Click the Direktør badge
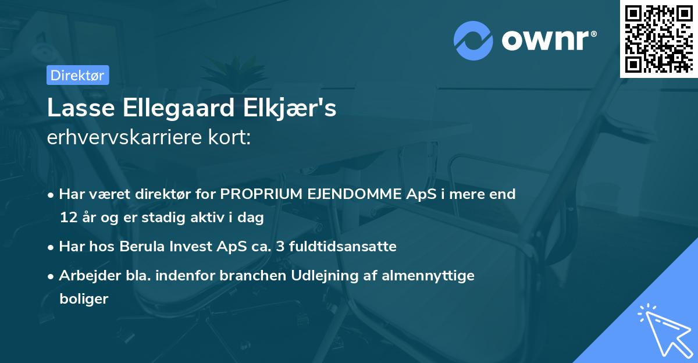(77, 75)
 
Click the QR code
(659, 38)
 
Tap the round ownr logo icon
(473, 40)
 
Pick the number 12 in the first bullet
(67, 218)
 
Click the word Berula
(143, 247)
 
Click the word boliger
(84, 300)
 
